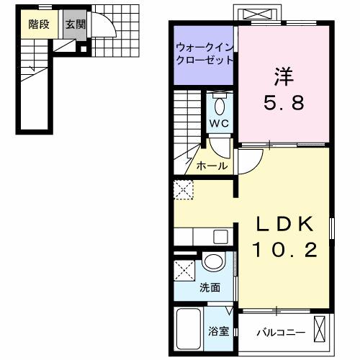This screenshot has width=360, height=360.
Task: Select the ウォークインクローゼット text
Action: click(203, 54)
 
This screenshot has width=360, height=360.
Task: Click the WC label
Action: click(219, 123)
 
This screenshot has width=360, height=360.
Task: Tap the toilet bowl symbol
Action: click(220, 106)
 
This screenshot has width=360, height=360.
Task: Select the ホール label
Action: click(212, 166)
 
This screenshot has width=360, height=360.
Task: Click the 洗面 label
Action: click(210, 289)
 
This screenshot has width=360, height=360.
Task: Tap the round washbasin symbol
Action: click(212, 263)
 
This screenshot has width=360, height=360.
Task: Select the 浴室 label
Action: click(219, 332)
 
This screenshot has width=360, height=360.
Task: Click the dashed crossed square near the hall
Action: click(182, 190)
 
